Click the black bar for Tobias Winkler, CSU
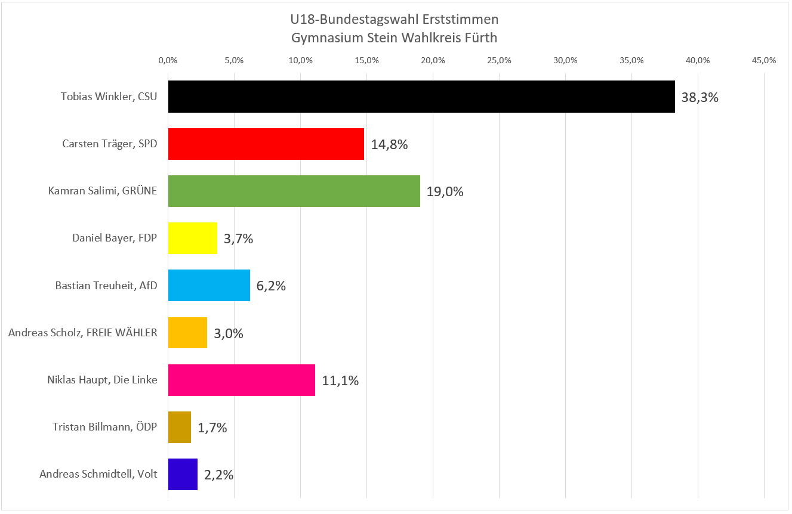421,97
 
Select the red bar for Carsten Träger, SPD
266,144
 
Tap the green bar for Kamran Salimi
294,191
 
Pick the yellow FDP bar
192,238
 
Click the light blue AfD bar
209,285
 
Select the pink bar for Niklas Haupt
241,380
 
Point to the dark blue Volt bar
183,474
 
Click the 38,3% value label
699,97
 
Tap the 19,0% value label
445,191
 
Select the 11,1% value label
340,380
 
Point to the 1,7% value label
212,428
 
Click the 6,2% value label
271,286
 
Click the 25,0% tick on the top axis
499,60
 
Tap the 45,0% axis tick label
764,60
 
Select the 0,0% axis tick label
168,60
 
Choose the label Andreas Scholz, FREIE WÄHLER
83,333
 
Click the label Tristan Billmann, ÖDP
105,427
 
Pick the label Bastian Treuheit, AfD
106,286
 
